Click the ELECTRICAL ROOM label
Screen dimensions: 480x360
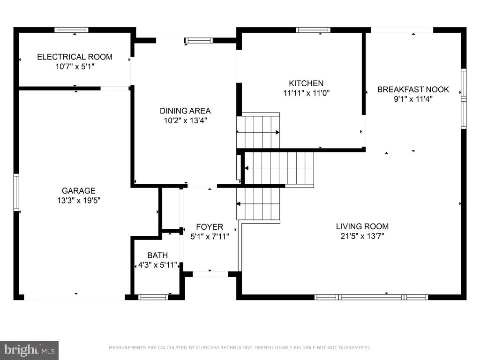click(75, 57)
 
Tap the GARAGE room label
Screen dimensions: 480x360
click(79, 191)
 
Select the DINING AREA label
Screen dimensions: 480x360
click(185, 111)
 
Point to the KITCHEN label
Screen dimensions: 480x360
click(306, 83)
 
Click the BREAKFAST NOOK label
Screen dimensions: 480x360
click(413, 90)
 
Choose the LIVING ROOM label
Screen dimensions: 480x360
click(362, 226)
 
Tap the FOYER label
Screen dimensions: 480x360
click(210, 227)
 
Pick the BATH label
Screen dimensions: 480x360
click(157, 255)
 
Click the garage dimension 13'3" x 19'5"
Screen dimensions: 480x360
click(79, 201)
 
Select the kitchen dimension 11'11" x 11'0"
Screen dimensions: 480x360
click(307, 93)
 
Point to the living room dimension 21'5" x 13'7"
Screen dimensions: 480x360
click(362, 236)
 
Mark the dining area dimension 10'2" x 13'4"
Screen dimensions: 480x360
click(186, 120)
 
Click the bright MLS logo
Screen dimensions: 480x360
click(29, 350)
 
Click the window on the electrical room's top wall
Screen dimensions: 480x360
click(71, 30)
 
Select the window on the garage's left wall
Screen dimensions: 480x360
click(16, 192)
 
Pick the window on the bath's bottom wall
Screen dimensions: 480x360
click(153, 297)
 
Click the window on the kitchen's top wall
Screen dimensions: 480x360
click(313, 30)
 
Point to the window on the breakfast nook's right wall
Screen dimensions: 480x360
click(464, 98)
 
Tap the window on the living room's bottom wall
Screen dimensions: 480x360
click(371, 297)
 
